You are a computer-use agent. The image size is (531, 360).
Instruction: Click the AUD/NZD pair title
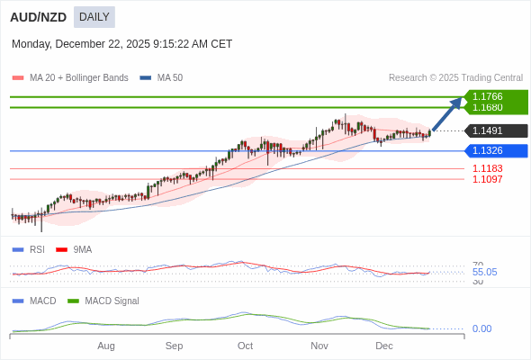tap(38, 17)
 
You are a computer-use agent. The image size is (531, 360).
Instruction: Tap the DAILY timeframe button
tap(94, 17)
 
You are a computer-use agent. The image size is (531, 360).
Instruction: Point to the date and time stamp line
tap(121, 44)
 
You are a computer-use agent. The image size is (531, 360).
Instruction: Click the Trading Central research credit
tap(455, 78)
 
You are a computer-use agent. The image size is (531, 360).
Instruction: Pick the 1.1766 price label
tap(488, 96)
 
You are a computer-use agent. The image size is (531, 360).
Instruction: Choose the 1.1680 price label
tap(488, 107)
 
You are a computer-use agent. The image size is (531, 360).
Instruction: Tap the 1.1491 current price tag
tap(488, 130)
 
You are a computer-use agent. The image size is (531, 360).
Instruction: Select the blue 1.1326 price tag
tap(488, 150)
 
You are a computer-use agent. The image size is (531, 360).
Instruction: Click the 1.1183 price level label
tap(488, 168)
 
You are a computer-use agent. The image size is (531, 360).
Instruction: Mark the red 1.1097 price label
tap(488, 179)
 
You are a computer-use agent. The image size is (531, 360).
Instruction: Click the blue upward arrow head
tap(457, 102)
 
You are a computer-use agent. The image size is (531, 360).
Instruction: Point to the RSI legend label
tap(36, 249)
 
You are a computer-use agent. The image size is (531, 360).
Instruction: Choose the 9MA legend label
tap(82, 249)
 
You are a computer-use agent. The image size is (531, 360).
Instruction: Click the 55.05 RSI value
tap(484, 272)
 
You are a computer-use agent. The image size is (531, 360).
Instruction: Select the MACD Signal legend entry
tap(112, 301)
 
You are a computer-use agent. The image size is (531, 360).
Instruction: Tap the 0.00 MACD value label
tap(482, 328)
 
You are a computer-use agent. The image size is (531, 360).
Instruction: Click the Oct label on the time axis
tap(245, 346)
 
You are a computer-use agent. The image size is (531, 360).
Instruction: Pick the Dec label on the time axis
tap(384, 346)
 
